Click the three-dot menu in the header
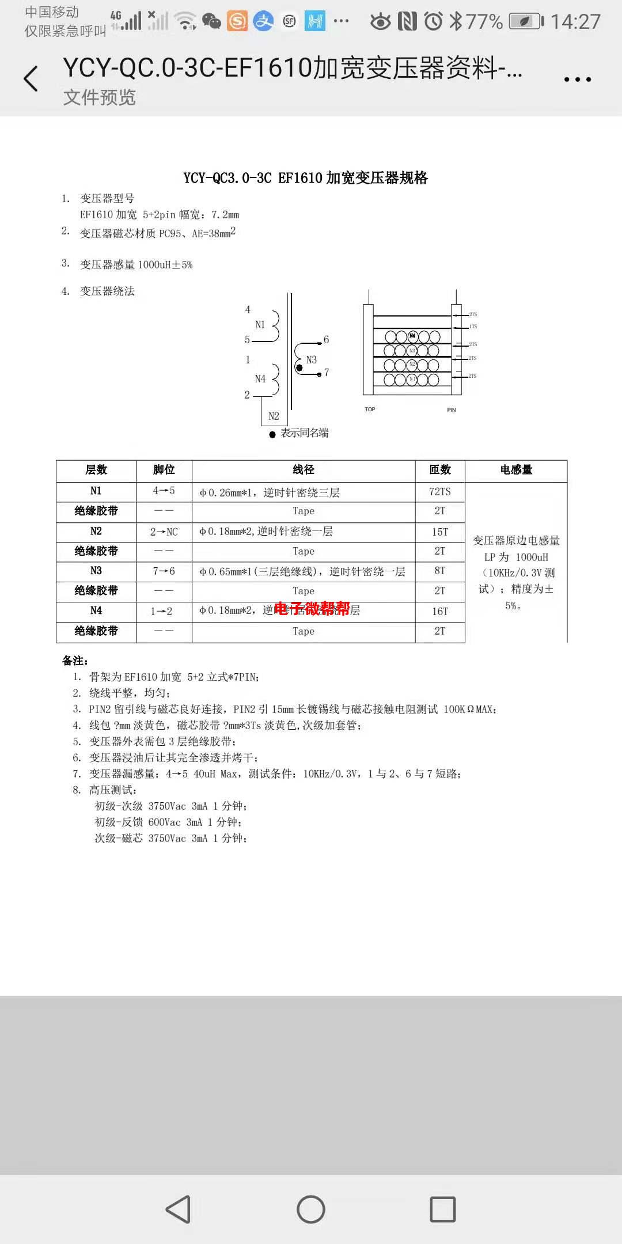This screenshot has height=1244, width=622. click(x=578, y=79)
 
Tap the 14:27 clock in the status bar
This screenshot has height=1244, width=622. click(x=575, y=22)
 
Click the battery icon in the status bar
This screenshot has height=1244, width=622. click(x=526, y=22)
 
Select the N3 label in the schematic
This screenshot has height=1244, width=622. click(x=312, y=360)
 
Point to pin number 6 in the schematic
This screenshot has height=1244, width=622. click(x=327, y=340)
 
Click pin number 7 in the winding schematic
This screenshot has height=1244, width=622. click(x=327, y=373)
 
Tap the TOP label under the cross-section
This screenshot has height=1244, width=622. click(x=370, y=409)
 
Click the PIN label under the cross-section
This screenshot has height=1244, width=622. click(x=452, y=410)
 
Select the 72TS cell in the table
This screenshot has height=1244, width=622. click(x=440, y=491)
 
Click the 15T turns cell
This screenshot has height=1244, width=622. click(x=440, y=532)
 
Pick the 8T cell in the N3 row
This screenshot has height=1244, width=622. click(x=440, y=571)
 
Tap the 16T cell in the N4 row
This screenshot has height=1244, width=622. click(x=440, y=611)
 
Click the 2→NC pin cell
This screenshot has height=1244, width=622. click(x=164, y=532)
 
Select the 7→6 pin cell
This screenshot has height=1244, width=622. click(x=164, y=571)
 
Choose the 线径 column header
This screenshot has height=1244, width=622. click(x=304, y=470)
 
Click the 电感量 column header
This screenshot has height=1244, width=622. click(x=516, y=470)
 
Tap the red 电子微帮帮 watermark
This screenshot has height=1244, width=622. click(x=312, y=609)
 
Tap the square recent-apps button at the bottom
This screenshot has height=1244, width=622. click(x=443, y=1209)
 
